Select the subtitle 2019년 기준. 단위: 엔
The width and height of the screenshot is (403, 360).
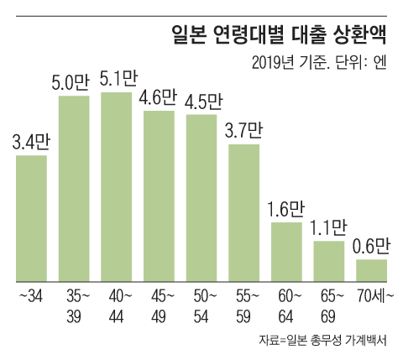318,63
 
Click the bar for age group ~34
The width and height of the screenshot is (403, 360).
31,218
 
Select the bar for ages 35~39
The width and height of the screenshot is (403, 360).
74,189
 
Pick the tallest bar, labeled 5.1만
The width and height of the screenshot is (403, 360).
116,186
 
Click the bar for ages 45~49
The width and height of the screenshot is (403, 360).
159,196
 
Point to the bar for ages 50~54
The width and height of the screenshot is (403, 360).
201,198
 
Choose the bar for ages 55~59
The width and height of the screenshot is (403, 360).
244,213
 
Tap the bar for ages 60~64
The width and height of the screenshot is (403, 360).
286,252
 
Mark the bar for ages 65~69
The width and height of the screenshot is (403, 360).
329,261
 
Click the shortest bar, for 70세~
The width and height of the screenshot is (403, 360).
372,270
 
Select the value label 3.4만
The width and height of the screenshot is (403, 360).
31,140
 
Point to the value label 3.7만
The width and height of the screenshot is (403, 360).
244,130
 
